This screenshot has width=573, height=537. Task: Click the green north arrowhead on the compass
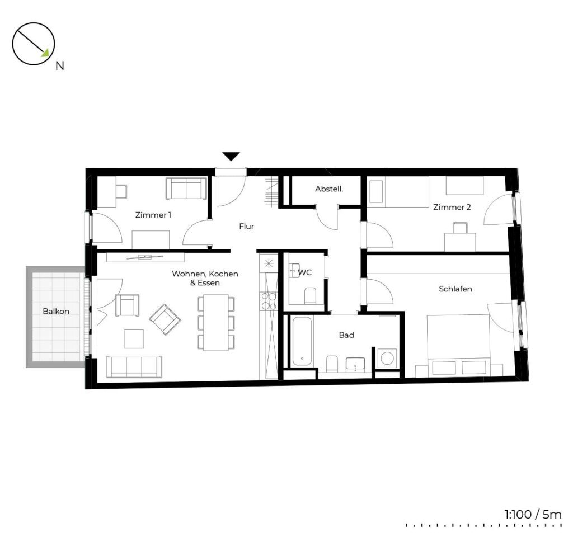(x=46, y=53)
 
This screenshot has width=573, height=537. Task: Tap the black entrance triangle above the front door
(x=231, y=157)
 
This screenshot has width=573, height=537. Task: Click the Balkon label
(x=56, y=311)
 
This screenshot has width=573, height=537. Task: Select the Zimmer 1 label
(x=153, y=215)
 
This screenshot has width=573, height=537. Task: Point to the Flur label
(x=246, y=227)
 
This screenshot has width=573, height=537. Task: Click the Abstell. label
(x=329, y=189)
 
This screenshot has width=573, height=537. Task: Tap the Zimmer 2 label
(x=452, y=207)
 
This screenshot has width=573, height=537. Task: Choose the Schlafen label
(x=455, y=289)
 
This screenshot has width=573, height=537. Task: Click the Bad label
(x=346, y=335)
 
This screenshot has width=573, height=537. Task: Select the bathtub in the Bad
(x=302, y=341)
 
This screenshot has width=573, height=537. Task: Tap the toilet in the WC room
(x=310, y=295)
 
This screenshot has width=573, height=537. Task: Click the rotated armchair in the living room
(x=165, y=319)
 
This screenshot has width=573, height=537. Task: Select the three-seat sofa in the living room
(x=134, y=367)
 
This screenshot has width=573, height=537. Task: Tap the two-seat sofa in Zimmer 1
(x=186, y=189)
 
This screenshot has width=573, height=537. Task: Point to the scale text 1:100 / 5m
(x=533, y=515)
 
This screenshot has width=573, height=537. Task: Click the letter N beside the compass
(x=59, y=66)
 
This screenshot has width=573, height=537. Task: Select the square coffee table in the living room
(x=134, y=339)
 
